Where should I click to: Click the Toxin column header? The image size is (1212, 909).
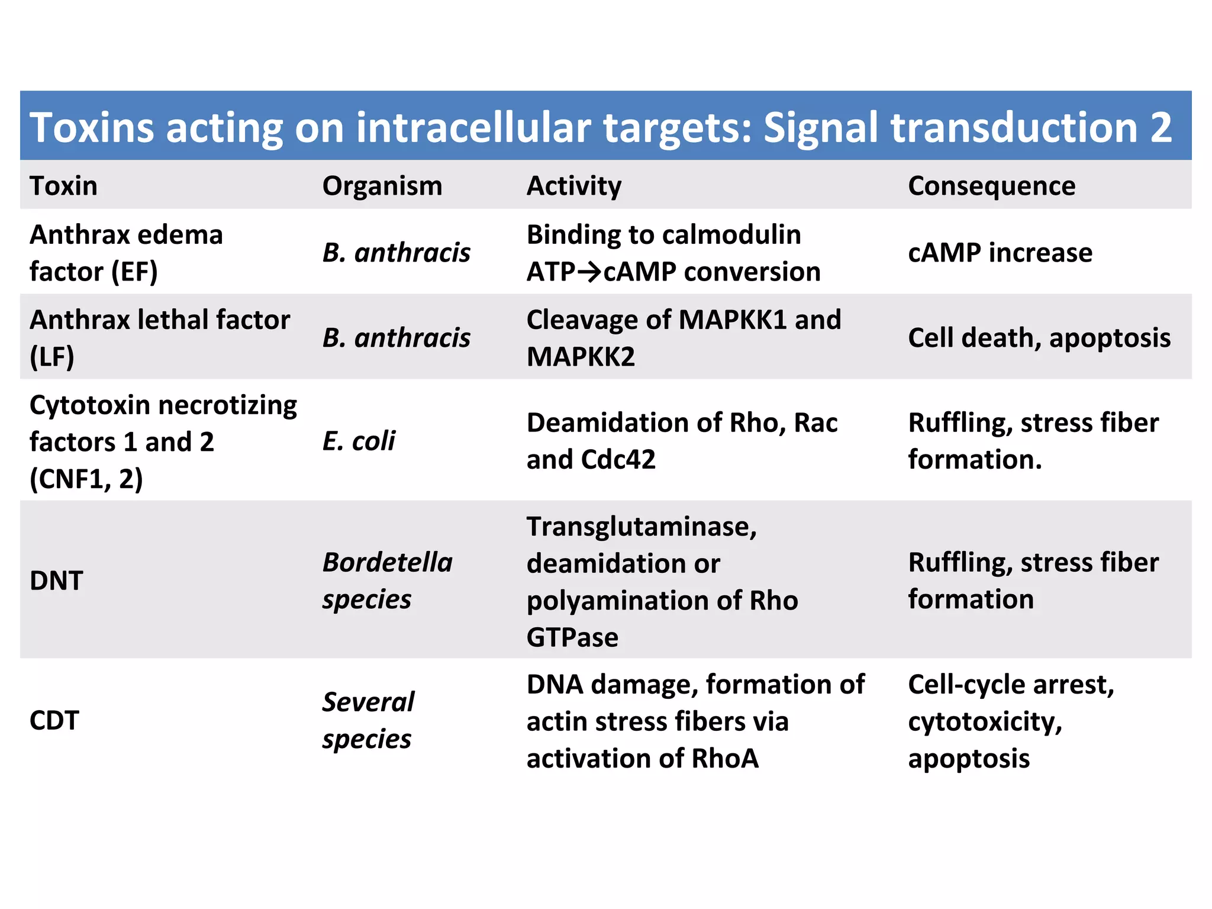tap(63, 186)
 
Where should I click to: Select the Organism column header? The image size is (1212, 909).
tap(382, 186)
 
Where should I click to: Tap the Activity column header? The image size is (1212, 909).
tap(573, 186)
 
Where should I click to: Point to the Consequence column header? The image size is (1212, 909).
tap(991, 186)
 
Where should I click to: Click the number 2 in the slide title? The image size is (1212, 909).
tap(1161, 127)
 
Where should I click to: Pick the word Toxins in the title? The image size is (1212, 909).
tap(92, 127)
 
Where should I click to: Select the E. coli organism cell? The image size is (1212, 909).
tap(359, 441)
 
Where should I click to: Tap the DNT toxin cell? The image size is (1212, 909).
tap(56, 581)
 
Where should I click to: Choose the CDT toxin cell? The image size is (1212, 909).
tap(54, 720)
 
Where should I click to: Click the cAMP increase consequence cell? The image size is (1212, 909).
tap(1000, 253)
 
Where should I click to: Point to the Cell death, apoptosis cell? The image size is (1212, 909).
tap(1039, 338)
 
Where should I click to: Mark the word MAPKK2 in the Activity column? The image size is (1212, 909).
tap(581, 357)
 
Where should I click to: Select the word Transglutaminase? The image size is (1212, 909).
tap(642, 527)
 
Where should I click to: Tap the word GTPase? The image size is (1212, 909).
tap(572, 637)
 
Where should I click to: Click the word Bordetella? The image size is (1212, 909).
tap(388, 562)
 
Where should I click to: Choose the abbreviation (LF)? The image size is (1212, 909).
tap(52, 357)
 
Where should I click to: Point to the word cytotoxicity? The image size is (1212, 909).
tap(985, 721)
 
